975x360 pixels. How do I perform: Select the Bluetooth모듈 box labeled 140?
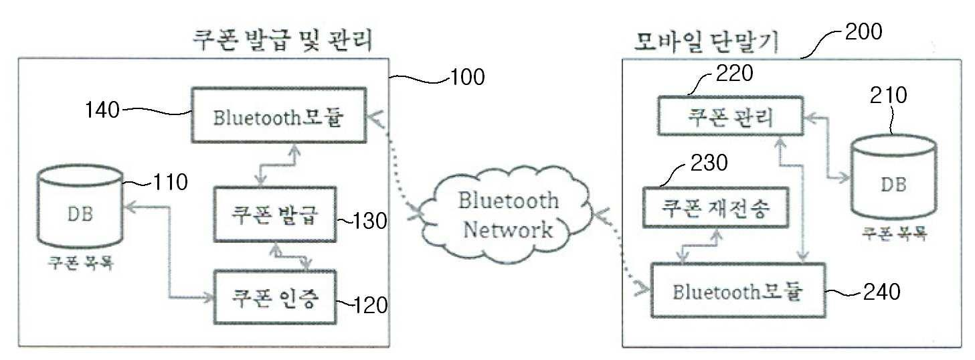tap(278, 115)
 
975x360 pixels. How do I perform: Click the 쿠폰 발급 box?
tap(274, 215)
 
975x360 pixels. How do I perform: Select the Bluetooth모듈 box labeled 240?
tap(737, 291)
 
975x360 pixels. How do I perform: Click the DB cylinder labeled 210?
tap(893, 179)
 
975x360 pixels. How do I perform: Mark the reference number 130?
tap(371, 221)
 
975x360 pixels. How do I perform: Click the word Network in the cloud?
tap(509, 230)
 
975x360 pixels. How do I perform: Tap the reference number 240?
tap(876, 292)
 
